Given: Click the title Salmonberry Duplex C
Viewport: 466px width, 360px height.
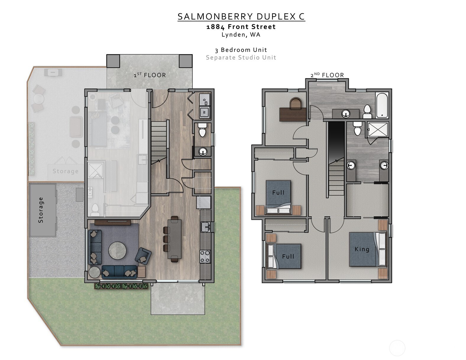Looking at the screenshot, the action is tap(241, 17).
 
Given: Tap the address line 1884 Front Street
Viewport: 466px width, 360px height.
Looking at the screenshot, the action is tap(241, 27).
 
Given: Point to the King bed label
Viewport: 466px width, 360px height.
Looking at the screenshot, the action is tap(362, 249).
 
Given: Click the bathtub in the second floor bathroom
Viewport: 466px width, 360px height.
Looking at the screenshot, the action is tap(382, 105).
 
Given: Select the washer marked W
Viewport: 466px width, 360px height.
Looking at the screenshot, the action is tap(204, 112).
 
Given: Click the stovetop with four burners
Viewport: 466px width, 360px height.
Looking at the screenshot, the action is tap(205, 256).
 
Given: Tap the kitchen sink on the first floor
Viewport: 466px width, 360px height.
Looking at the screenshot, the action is tap(205, 227).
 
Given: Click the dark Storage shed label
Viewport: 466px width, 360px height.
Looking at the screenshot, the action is tap(41, 210).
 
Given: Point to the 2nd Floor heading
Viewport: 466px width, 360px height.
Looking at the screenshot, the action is tap(327, 75).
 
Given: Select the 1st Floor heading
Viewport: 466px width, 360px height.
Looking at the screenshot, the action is tap(150, 75).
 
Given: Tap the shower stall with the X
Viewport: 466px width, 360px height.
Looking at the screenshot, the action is tap(378, 129).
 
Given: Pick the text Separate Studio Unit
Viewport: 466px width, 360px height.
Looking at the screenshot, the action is tap(241, 57).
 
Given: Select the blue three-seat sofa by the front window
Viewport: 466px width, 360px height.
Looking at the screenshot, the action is tap(119, 272).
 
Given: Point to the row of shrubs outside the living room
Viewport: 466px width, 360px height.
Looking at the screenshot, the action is tap(121, 286).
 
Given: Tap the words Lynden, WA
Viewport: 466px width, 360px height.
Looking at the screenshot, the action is tap(241, 35).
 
